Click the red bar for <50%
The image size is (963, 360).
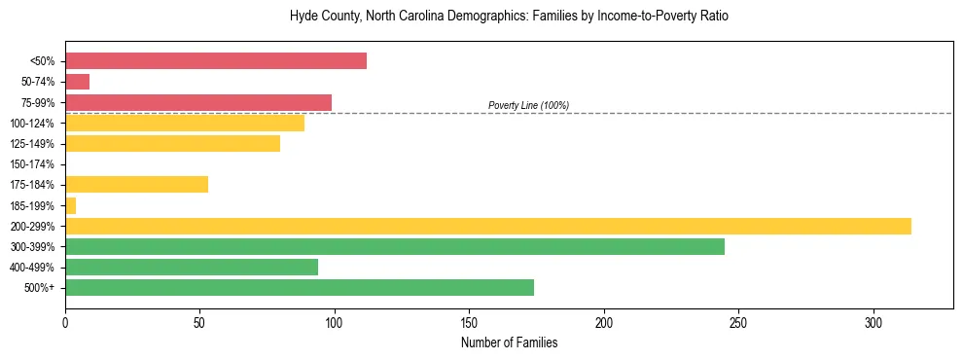tap(216, 61)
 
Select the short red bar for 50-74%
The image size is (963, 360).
tap(78, 82)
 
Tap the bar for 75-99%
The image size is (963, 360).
tap(198, 102)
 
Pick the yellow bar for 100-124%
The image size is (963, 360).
tap(185, 123)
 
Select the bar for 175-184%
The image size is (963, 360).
tap(136, 185)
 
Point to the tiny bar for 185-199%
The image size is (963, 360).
tap(70, 205)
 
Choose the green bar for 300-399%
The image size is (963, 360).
tap(395, 246)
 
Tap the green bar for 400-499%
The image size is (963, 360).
tap(192, 267)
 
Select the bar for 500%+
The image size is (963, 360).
tap(300, 287)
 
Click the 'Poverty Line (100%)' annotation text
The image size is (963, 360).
tap(528, 105)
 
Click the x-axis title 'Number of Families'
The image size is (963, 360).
tap(509, 343)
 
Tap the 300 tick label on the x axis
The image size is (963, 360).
tap(874, 322)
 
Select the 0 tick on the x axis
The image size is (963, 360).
tap(65, 322)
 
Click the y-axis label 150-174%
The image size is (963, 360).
tap(32, 164)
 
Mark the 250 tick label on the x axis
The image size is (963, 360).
tap(738, 322)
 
